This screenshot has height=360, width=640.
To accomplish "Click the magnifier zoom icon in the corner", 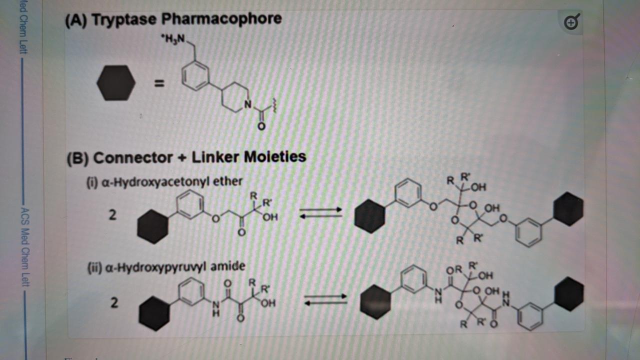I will tap(571, 22).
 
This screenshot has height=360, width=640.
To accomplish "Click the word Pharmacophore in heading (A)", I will tap(221, 19).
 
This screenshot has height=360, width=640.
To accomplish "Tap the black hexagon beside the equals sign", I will tap(116, 83).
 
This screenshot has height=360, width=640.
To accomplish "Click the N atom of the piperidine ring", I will tap(246, 104).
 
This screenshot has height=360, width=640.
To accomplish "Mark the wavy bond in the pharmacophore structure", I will tap(273, 106).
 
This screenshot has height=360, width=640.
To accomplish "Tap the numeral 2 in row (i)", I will tap(113, 215).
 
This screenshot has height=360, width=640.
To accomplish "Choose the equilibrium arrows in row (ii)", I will tap(325, 299).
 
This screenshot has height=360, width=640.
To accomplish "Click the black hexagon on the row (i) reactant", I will tap(152, 226).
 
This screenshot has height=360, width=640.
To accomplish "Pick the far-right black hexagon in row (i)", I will tap(568, 209).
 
